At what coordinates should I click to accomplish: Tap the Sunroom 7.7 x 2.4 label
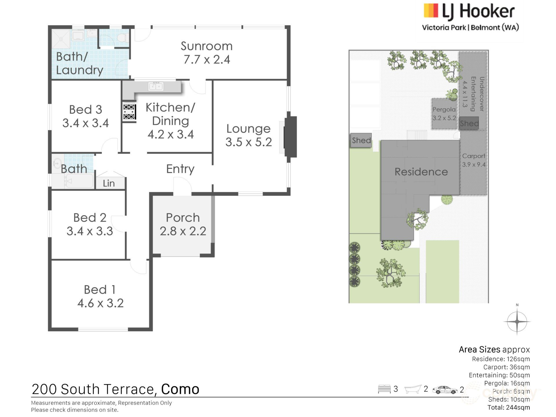[206, 53]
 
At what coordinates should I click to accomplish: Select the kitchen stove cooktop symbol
[129, 112]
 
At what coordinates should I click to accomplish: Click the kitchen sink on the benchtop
[156, 86]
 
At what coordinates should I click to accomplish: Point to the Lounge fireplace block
[290, 137]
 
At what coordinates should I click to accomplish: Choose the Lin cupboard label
[109, 183]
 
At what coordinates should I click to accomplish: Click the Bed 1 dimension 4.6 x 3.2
[100, 303]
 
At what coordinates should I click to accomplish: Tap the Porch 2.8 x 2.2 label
[183, 224]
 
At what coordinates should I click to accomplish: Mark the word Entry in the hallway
[180, 169]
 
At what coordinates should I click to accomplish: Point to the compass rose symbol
[517, 321]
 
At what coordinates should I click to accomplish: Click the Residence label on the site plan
[421, 172]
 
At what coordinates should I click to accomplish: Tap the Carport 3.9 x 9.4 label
[473, 160]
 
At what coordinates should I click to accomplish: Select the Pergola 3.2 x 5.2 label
[444, 114]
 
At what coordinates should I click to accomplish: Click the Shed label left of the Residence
[361, 140]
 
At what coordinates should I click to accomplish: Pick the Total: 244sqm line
[509, 407]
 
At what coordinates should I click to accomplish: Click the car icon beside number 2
[445, 390]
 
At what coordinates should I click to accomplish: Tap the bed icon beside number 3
[384, 389]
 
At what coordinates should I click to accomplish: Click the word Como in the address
[180, 389]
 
